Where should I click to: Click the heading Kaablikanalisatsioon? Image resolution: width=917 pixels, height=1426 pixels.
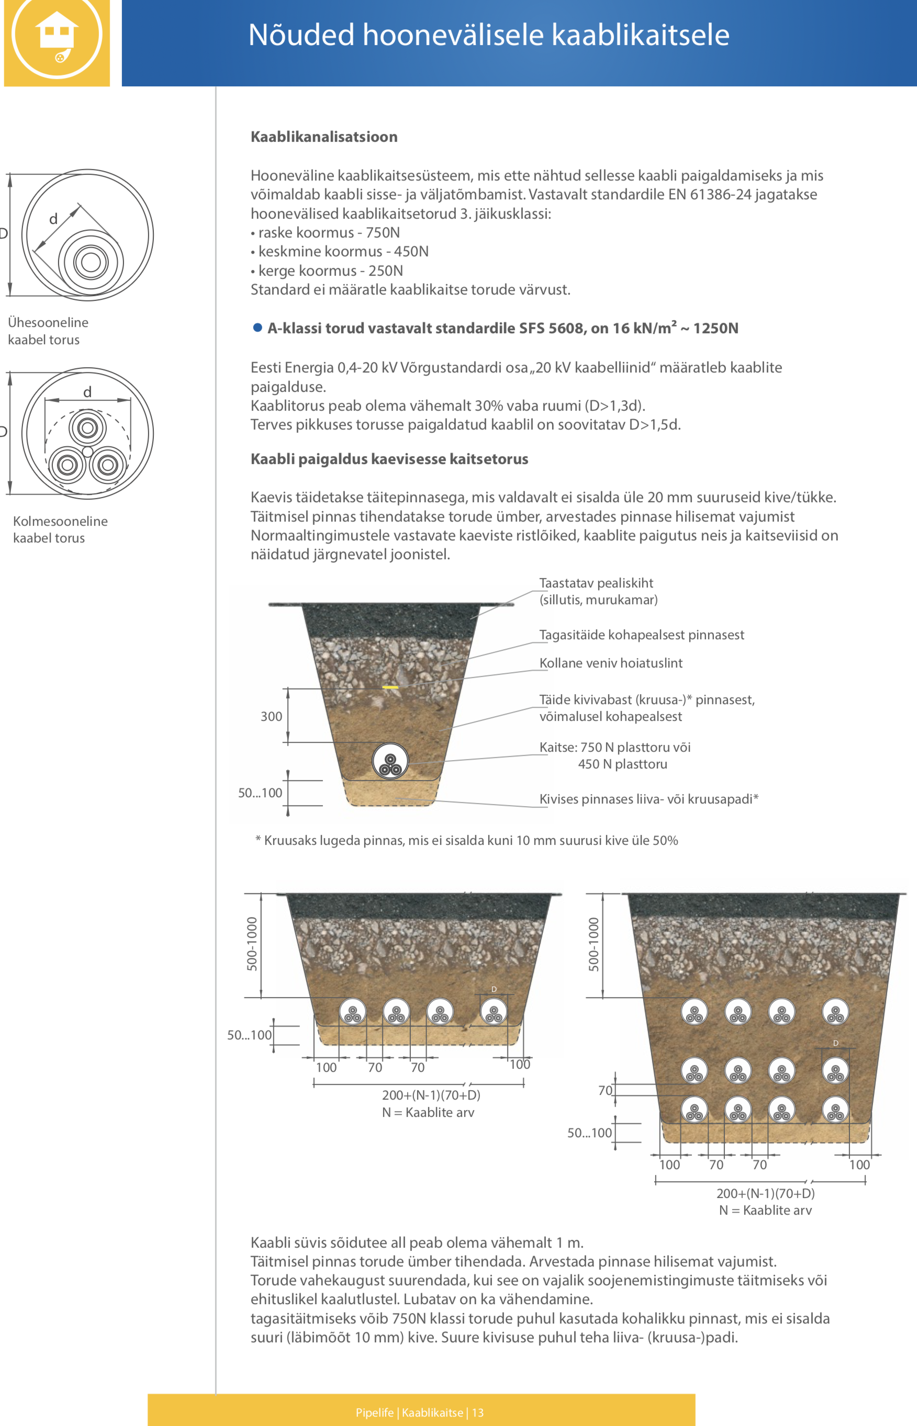(324, 137)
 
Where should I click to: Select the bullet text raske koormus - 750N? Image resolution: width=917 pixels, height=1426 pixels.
(325, 233)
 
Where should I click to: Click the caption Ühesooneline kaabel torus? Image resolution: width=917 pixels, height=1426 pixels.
(48, 331)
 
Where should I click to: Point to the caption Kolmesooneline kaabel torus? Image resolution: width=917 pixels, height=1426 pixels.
(60, 529)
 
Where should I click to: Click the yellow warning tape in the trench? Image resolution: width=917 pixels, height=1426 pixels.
(390, 687)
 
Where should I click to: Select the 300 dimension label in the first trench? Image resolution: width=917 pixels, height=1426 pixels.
(272, 717)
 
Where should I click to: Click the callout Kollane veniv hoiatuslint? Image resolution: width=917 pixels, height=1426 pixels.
(611, 663)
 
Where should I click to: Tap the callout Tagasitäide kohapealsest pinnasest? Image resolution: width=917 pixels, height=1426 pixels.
(642, 635)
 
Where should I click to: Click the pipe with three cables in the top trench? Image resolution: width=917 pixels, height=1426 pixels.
(390, 761)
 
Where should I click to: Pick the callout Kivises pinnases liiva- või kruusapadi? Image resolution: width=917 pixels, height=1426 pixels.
(649, 799)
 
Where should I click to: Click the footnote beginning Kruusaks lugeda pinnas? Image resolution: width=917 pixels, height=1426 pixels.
(467, 840)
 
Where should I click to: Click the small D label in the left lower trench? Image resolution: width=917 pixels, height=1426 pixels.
(494, 989)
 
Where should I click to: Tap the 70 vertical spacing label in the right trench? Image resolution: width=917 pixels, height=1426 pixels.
(605, 1090)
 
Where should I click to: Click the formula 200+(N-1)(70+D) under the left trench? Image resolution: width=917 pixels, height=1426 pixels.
(431, 1095)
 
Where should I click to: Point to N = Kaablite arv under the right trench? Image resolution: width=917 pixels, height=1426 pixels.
(766, 1210)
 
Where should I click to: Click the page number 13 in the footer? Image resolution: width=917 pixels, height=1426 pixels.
(478, 1412)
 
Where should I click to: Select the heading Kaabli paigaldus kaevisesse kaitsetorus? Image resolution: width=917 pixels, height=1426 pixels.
(389, 459)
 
